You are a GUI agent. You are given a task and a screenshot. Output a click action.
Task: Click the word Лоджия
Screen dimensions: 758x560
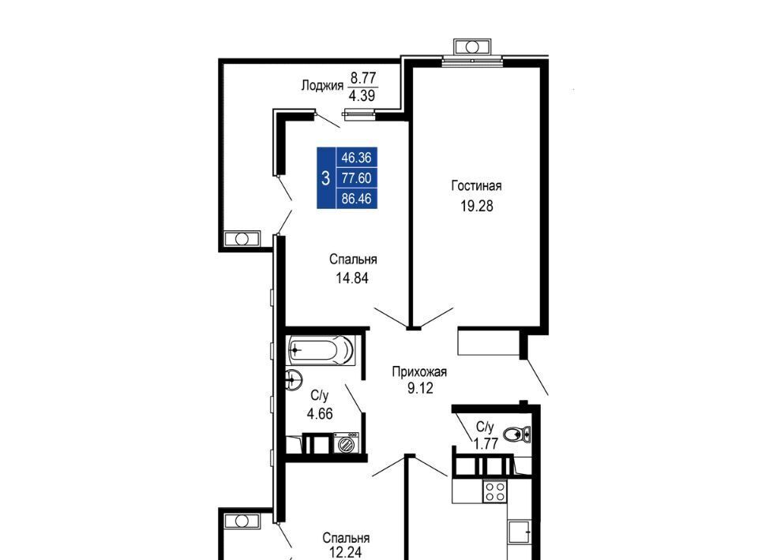coord(322,86)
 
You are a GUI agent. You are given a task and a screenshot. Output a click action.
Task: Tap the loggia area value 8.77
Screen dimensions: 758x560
coord(363,78)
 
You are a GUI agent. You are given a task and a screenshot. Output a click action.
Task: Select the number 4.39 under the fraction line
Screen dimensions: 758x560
coord(362,95)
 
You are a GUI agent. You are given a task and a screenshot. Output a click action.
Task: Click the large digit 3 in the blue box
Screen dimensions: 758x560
coord(326,178)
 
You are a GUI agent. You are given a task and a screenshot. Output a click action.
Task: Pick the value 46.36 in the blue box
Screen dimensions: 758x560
coord(356,158)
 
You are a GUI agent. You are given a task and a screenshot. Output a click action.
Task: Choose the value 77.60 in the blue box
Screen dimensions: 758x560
coord(356,178)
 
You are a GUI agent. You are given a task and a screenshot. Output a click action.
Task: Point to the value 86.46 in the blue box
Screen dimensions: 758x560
coord(356,199)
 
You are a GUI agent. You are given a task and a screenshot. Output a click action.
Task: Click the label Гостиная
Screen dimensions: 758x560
coord(476,185)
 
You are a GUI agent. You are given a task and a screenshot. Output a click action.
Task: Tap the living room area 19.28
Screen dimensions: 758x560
coord(477,206)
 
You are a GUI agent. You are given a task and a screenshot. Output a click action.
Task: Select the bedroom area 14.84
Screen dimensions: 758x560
coord(352,278)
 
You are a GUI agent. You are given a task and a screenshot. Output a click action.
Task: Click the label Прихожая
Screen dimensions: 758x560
coord(419,371)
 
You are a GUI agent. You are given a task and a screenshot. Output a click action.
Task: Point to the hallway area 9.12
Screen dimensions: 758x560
coord(420,387)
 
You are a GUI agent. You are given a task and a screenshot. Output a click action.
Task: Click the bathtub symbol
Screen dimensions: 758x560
coord(321,350)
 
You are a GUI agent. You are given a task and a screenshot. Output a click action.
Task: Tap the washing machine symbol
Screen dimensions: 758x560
coord(346,442)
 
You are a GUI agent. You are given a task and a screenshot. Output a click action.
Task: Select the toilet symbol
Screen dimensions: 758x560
coord(516,435)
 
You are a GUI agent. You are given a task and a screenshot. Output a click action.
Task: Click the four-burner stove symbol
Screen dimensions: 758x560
coord(494,491)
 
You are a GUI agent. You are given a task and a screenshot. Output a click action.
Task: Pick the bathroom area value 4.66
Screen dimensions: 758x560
coord(320,414)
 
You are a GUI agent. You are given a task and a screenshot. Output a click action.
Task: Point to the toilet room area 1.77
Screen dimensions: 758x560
coord(486,443)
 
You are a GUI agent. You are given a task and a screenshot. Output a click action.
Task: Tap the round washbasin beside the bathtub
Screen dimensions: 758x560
coord(293,379)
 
